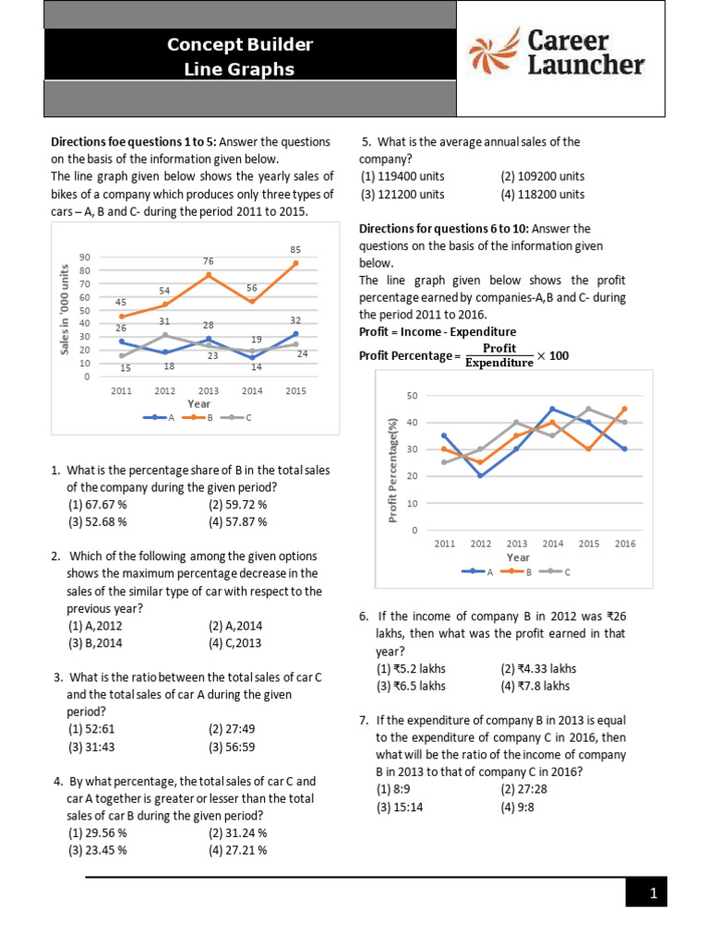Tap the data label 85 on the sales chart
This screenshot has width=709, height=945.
(294, 249)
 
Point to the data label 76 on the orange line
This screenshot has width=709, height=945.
(209, 261)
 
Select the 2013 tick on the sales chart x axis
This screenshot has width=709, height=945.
(209, 390)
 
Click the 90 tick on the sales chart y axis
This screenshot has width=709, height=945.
(85, 257)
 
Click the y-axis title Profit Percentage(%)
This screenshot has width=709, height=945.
(392, 469)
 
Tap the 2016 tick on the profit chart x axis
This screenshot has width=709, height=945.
(625, 544)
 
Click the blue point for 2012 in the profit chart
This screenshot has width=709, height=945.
(481, 476)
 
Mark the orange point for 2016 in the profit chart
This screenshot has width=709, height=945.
(625, 409)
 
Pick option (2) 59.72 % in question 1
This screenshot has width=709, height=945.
(238, 505)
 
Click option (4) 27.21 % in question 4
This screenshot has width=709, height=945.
(238, 850)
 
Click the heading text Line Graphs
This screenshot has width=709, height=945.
(240, 69)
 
